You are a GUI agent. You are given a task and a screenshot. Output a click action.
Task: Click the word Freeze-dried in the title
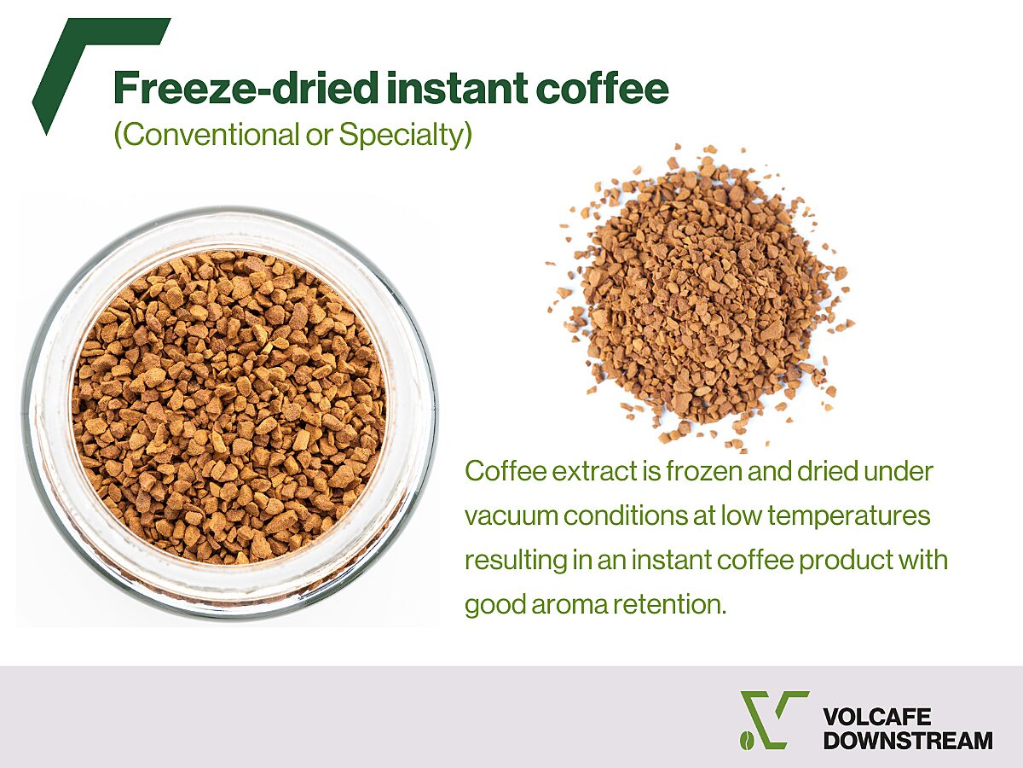pos(246,88)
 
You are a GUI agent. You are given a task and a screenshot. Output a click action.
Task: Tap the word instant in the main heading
pos(457,88)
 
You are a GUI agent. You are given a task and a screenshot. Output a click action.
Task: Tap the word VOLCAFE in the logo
pos(876,717)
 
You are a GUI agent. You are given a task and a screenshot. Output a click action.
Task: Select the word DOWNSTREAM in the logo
pos(908,740)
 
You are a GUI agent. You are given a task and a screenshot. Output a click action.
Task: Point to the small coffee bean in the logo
pos(746,741)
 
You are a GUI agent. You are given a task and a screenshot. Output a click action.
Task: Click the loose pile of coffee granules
pos(699,299)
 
